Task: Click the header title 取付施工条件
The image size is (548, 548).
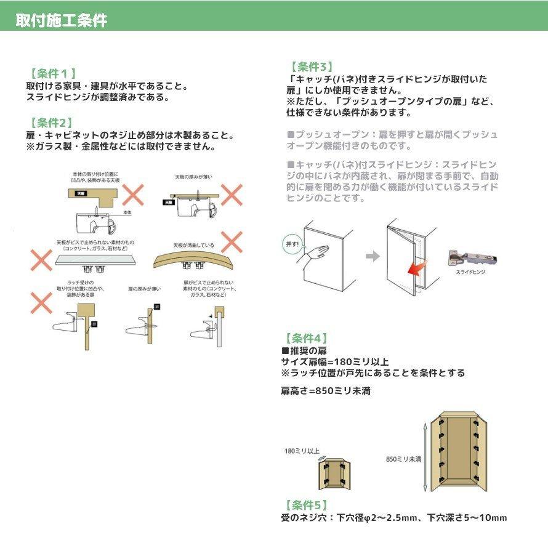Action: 62,20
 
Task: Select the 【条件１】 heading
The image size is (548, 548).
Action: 52,73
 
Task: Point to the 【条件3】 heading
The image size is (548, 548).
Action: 312,66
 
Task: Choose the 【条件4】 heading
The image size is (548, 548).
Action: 306,338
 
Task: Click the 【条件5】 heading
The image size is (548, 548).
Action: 306,504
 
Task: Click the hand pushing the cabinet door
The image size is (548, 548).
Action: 316,252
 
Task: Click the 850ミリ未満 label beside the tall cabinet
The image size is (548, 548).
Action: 403,459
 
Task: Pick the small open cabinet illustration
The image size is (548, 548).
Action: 334,473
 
